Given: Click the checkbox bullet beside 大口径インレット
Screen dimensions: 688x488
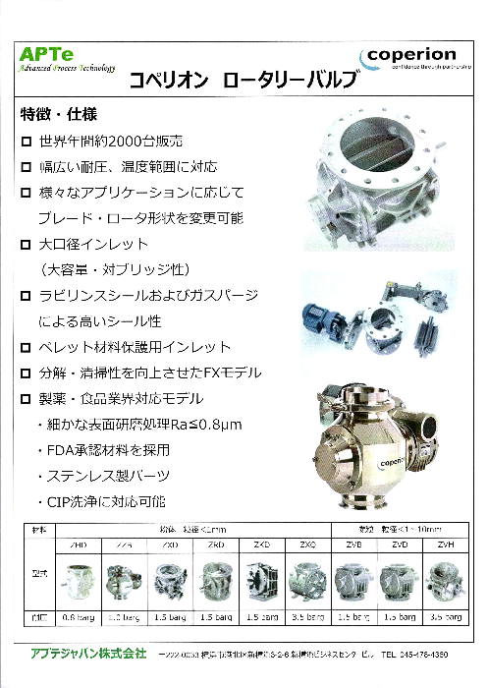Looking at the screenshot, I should [27, 244].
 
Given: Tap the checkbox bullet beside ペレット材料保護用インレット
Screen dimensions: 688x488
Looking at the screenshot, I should [27, 347].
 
